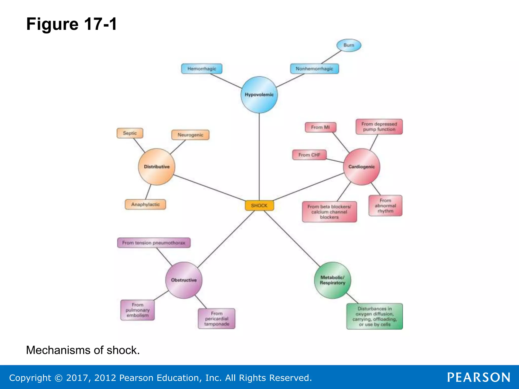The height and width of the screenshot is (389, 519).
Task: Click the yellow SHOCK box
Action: pyautogui.click(x=259, y=205)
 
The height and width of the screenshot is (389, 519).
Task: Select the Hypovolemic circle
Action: pyautogui.click(x=259, y=95)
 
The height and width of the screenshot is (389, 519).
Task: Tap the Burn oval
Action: pyautogui.click(x=349, y=45)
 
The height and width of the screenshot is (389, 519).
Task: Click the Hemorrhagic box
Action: pyautogui.click(x=202, y=69)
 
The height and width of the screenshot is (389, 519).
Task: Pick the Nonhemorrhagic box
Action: pyautogui.click(x=314, y=69)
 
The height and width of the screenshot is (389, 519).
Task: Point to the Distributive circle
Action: pyautogui.click(x=157, y=167)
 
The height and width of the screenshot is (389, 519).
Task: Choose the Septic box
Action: pyautogui.click(x=130, y=133)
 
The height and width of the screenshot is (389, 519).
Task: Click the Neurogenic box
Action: pyautogui.click(x=190, y=135)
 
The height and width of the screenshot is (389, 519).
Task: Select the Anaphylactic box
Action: pyautogui.click(x=145, y=204)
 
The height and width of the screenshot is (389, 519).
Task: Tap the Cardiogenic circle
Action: pyautogui.click(x=361, y=167)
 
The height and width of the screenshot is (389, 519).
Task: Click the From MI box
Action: pyautogui.click(x=320, y=127)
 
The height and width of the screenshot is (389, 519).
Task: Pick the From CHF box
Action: pyautogui.click(x=309, y=155)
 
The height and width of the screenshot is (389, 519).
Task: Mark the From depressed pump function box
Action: pyautogui.click(x=379, y=127)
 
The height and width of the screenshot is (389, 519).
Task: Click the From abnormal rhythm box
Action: pyautogui.click(x=385, y=206)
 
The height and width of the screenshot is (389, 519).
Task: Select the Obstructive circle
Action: pyautogui.click(x=184, y=280)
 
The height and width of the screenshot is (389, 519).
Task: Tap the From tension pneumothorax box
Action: pyautogui.click(x=154, y=243)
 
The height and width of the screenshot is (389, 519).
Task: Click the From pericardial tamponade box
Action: pyautogui.click(x=216, y=319)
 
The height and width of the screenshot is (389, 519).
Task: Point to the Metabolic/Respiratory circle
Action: pyautogui.click(x=332, y=280)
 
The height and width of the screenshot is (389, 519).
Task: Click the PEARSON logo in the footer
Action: pyautogui.click(x=478, y=377)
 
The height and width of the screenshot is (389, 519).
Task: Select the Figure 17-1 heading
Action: pyautogui.click(x=72, y=24)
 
